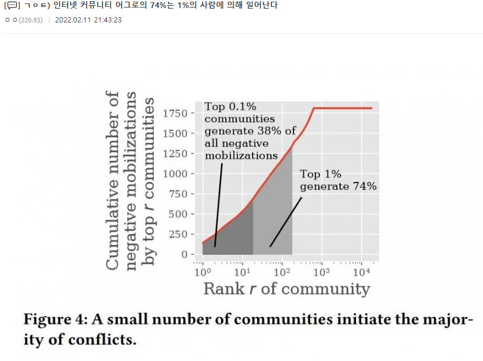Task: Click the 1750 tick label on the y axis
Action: coord(175,113)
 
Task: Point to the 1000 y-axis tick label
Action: coord(175,173)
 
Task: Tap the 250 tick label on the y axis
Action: coord(179,234)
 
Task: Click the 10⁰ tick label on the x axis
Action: coord(203,271)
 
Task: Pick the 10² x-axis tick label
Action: coord(282,271)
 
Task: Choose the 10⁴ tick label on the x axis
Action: coord(361,271)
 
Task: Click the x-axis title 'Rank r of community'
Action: coord(286,288)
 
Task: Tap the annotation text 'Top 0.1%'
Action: coord(230,107)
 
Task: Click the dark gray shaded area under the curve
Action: coord(230,238)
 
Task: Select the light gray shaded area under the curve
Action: coord(273,218)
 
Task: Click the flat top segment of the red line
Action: coord(345,108)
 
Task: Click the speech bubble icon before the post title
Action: coord(10,6)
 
